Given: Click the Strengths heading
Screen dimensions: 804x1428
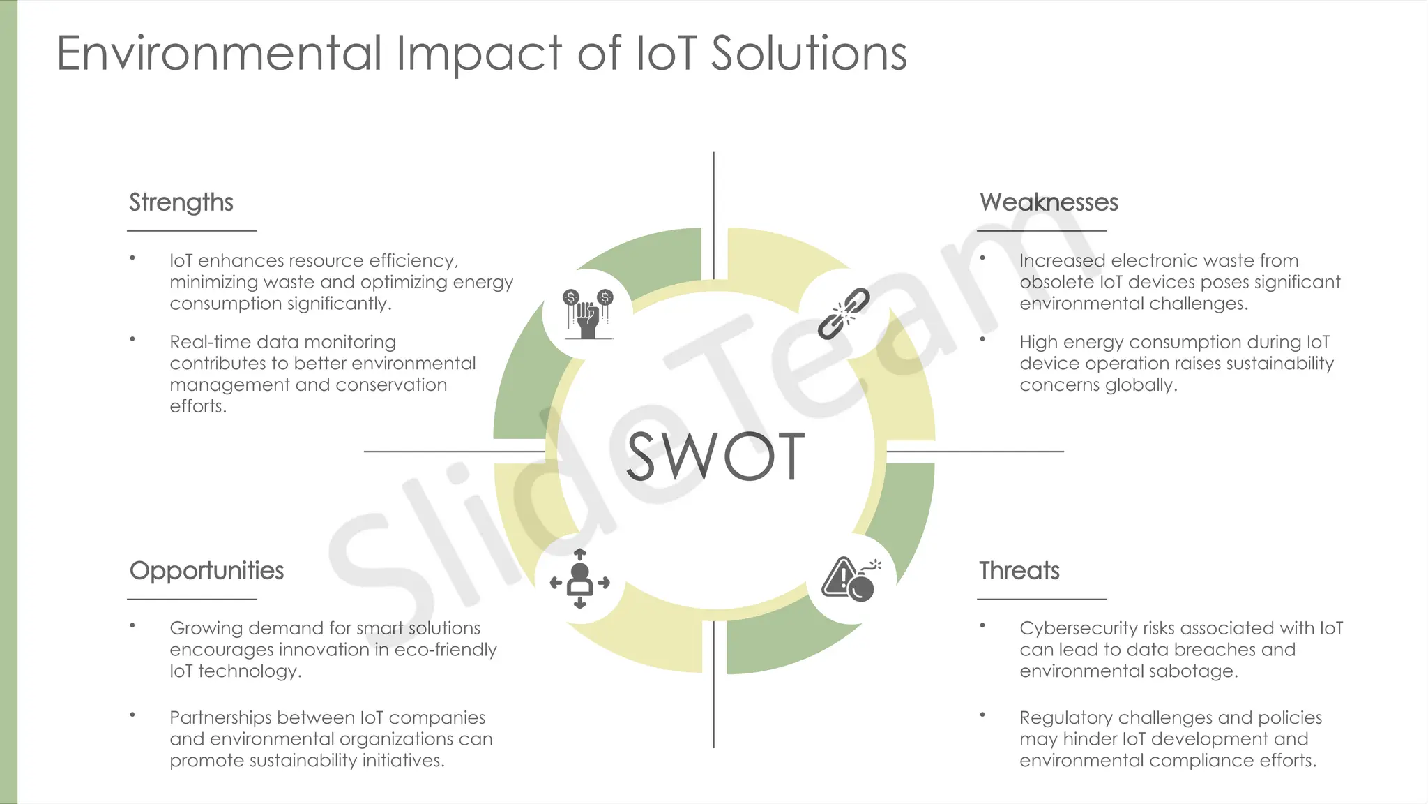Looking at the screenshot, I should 181,202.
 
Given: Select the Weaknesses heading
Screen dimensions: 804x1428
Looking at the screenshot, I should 1049,202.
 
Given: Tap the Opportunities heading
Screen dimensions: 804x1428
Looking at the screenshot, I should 206,571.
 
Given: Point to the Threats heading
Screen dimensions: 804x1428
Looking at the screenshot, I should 1019,571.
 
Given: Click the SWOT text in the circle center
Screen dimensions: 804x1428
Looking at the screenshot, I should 715,456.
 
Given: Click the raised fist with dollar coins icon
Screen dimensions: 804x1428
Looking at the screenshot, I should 588,314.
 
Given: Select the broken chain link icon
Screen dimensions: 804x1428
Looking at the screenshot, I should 844,313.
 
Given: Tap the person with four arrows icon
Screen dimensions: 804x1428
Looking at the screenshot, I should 579,579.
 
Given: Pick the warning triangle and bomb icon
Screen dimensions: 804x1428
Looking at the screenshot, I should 851,579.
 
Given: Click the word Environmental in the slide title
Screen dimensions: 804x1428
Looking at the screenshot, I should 219,53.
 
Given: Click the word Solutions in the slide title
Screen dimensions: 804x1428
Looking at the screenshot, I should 809,53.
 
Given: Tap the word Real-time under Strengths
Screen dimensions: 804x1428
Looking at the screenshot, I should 211,342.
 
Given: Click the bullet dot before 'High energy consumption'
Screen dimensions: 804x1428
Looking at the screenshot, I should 982,340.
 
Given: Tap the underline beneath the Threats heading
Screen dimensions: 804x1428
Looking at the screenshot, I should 1042,599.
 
